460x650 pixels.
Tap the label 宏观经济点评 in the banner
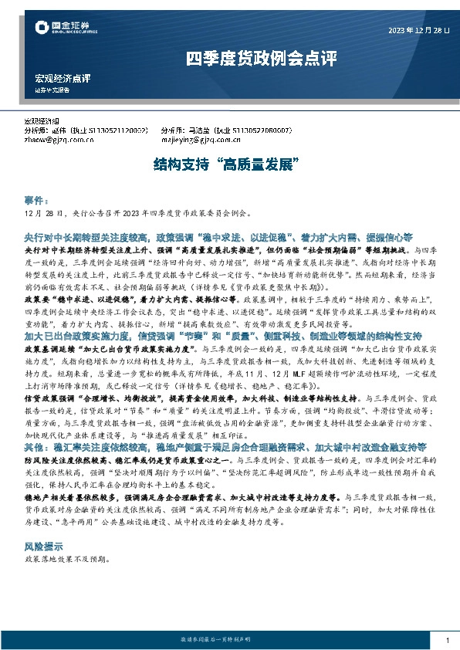click(x=63, y=78)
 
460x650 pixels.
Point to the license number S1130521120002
click(x=113, y=131)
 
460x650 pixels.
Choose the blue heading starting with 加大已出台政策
click(x=223, y=337)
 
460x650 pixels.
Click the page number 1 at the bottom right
click(x=448, y=640)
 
